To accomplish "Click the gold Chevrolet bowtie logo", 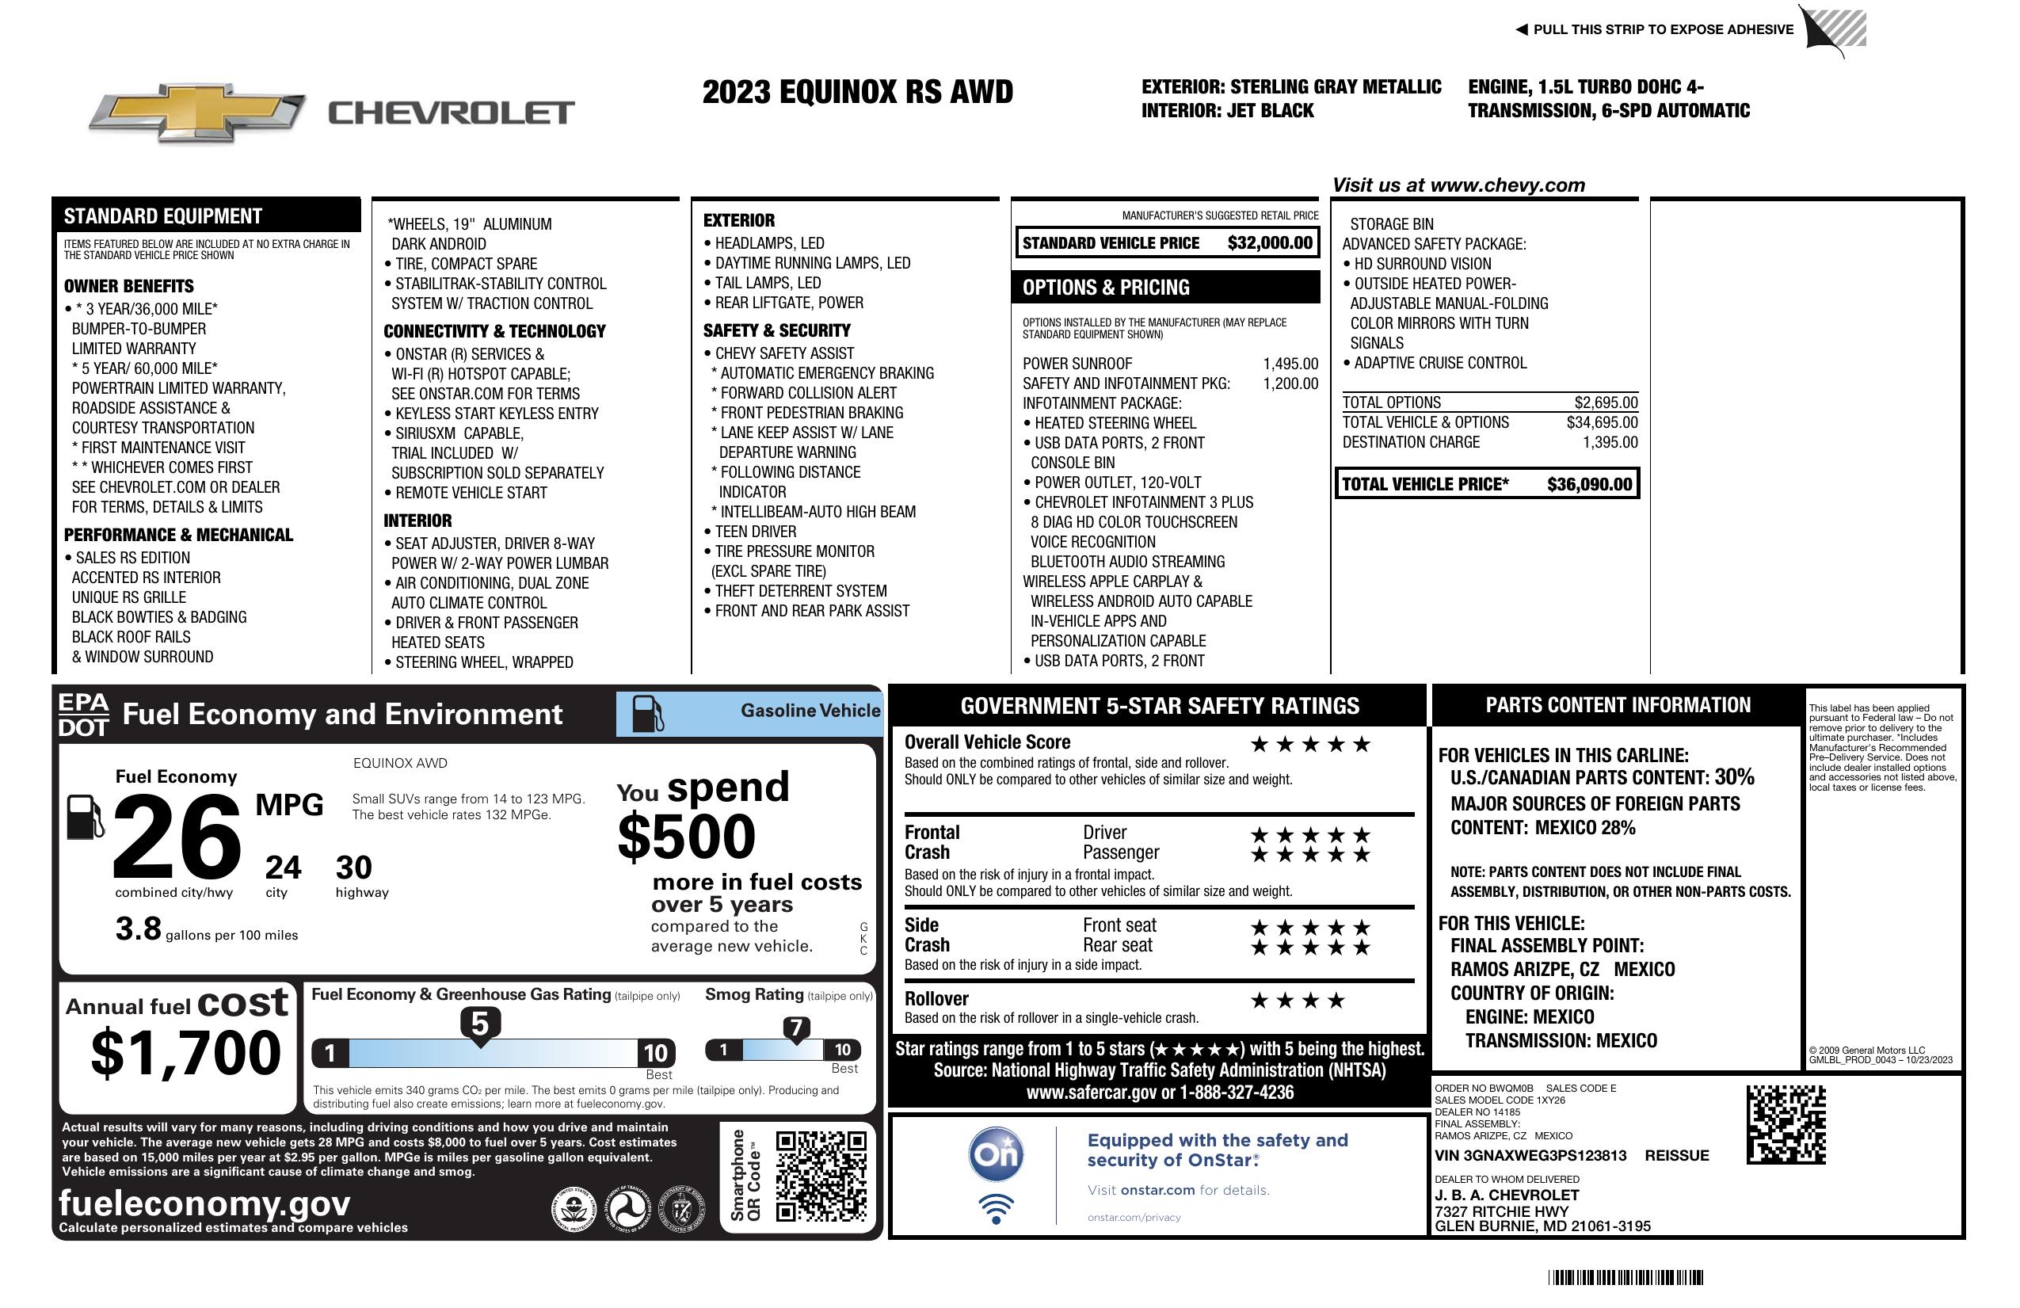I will coord(197,112).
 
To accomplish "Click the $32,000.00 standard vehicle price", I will coord(1269,242).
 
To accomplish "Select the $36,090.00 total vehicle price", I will coord(1589,485).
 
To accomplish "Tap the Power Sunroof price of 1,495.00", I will coord(1290,364).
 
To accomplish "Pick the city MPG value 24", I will coord(283,868).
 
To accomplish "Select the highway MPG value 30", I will coord(354,868).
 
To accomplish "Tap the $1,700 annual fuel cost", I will coord(185,1054).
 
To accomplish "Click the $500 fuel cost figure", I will coord(686,837).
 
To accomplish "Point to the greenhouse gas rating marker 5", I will coord(479,1024).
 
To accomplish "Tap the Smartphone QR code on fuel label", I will coord(821,1176).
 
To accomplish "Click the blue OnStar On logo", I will coord(996,1155).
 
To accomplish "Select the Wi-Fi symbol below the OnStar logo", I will coord(996,1208).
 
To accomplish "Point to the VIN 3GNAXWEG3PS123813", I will coord(1530,1156).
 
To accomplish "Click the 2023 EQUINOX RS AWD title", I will coord(857,92).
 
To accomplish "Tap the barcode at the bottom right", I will coord(1626,1277).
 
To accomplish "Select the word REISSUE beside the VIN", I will coord(1677,1156).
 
